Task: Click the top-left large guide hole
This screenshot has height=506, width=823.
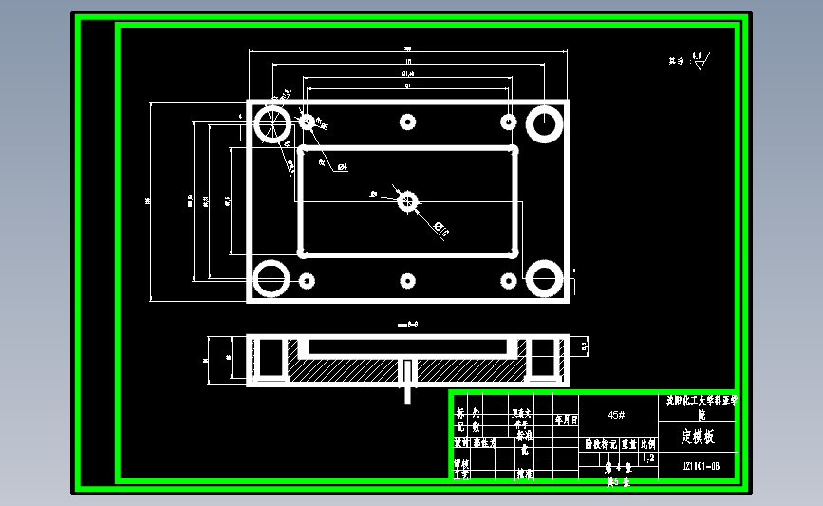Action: (272, 124)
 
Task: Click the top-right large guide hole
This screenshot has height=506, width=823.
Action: (545, 124)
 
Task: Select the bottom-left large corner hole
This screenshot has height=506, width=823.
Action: (271, 279)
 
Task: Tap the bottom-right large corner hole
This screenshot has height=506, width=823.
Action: (545, 279)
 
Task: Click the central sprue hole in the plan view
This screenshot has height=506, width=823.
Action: (408, 201)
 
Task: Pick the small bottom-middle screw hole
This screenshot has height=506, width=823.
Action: (408, 281)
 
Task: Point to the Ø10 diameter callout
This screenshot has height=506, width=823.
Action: (440, 227)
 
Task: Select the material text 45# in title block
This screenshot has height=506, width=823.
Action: (616, 415)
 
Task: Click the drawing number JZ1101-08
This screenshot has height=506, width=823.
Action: (701, 466)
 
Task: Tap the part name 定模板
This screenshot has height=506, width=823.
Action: (701, 438)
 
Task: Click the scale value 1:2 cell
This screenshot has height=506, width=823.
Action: (649, 459)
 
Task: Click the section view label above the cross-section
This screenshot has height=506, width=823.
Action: (408, 324)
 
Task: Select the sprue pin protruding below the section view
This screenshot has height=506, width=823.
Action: (408, 377)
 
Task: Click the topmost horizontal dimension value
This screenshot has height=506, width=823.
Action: (407, 48)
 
